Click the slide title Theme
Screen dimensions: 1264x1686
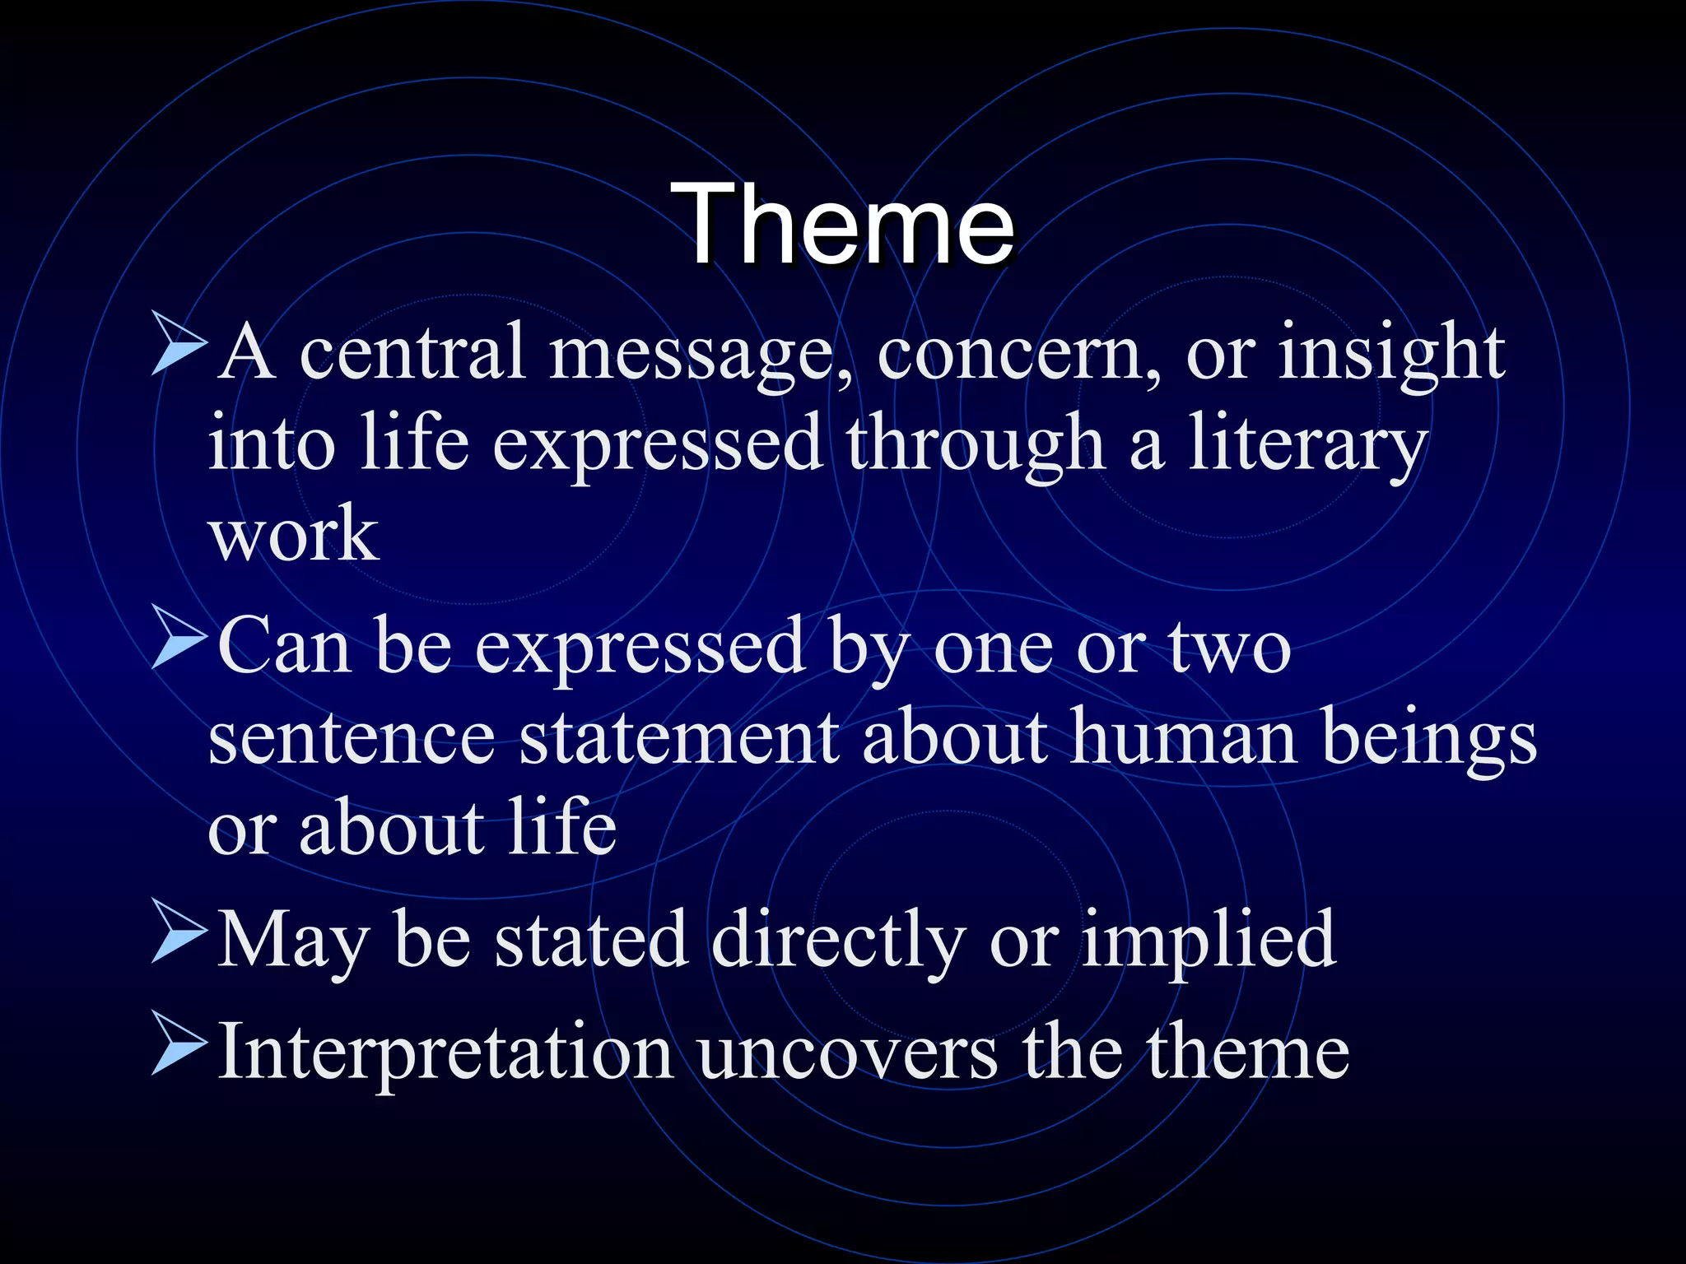842,224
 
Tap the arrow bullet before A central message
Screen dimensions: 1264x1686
178,349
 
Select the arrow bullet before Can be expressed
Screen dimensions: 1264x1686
178,641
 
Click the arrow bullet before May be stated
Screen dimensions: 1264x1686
178,936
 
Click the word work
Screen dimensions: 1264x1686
293,535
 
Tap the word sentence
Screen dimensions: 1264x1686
352,738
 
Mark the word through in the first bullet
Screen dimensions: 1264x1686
976,445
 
